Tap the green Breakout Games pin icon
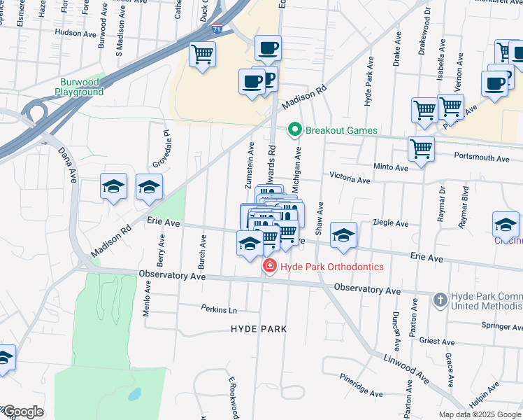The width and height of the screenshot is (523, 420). point(295,129)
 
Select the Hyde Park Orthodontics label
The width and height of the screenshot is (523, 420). point(332,266)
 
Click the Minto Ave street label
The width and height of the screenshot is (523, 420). point(391,168)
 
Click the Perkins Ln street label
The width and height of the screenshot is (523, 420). point(219,309)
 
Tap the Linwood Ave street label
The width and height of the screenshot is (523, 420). point(406,367)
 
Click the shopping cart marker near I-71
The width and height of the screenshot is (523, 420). point(203,54)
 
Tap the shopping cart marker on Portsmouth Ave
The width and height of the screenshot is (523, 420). point(421,149)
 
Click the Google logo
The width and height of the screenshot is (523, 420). point(23,412)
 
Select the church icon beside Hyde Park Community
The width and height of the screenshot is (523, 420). point(440,300)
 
